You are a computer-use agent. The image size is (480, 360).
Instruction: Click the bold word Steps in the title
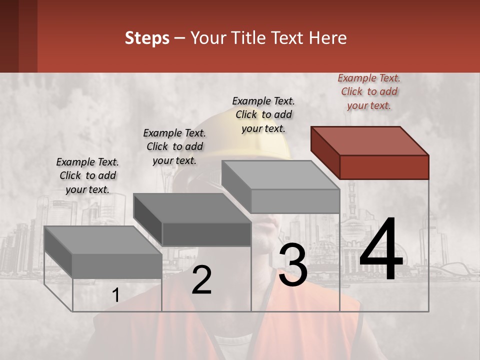point(147,38)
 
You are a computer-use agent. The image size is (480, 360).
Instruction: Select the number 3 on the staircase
point(293,266)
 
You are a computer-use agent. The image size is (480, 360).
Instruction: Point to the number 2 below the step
point(202,280)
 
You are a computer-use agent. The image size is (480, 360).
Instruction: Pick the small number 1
point(115,295)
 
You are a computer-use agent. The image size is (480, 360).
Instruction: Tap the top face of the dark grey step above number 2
point(192,207)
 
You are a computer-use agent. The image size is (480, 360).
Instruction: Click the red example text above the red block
point(369,91)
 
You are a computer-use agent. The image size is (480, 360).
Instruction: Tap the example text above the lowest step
point(87,175)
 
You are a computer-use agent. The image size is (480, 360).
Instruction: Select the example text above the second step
point(174,146)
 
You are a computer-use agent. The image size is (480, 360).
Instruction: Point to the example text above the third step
point(263,114)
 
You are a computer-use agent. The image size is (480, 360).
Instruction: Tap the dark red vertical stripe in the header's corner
point(18,36)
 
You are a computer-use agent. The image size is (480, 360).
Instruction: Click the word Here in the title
point(328,38)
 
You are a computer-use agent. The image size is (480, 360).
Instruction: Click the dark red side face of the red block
point(325,152)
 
